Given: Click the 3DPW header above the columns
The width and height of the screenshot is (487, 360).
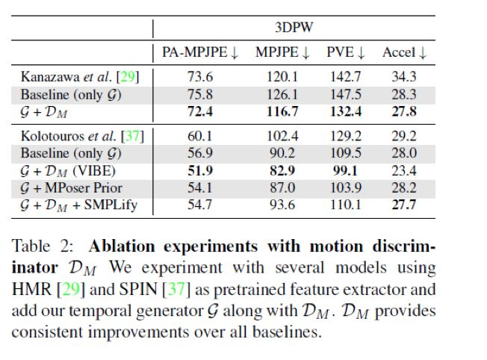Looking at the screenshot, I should [x=292, y=27].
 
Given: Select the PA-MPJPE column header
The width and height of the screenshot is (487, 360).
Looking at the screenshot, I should [x=199, y=52].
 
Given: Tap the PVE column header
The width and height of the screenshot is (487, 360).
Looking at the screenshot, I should [x=346, y=52].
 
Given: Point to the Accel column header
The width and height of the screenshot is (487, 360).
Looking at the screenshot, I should [x=404, y=52].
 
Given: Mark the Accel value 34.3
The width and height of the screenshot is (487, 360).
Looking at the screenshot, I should [x=404, y=77].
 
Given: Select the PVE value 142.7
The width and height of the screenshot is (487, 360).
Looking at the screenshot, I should [x=346, y=77].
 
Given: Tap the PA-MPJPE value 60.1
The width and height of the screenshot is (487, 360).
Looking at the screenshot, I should [x=199, y=135].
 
